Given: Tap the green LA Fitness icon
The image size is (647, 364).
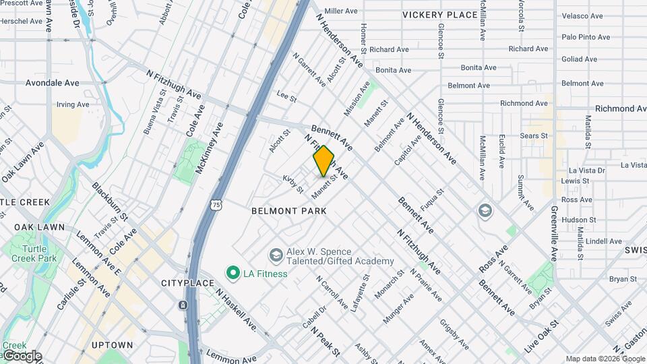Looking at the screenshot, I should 233,273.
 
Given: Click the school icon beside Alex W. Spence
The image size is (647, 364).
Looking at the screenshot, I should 275,255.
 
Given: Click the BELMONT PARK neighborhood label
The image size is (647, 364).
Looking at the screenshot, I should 288,211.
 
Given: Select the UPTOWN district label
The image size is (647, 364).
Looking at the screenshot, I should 112,345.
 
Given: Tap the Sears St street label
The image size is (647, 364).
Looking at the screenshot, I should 534,135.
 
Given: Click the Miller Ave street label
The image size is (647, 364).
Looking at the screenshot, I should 341,11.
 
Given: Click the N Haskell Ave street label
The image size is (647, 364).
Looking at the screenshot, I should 236,310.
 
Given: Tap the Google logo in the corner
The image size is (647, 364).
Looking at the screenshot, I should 22,356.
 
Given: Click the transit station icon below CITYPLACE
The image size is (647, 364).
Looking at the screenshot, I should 183,305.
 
